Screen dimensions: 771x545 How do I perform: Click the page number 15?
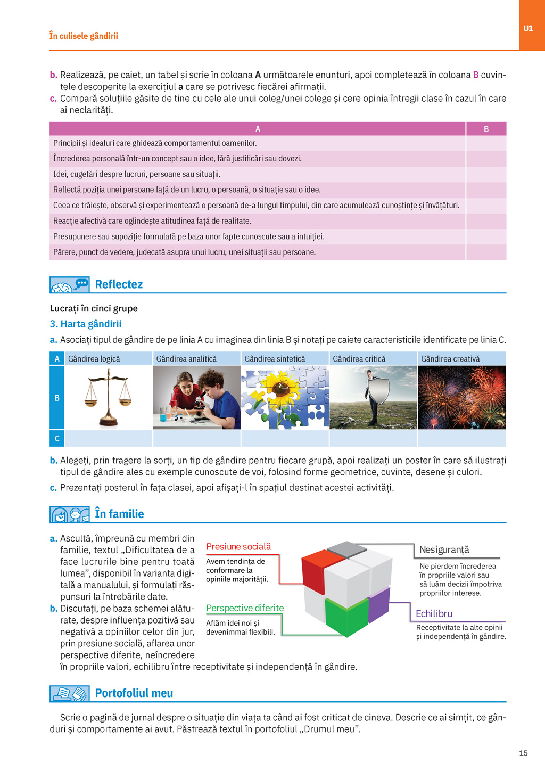point(523,753)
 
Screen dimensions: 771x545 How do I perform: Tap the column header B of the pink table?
point(486,129)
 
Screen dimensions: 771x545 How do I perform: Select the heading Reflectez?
point(119,284)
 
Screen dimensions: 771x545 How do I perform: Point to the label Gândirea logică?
point(94,359)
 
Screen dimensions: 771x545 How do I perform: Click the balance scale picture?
point(109,398)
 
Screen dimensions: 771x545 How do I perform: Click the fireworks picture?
point(461,397)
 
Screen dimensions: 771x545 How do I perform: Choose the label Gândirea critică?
point(359,359)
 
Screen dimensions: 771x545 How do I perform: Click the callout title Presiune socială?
point(238,547)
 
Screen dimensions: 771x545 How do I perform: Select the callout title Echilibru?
point(434,613)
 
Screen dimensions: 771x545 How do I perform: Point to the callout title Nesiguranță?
point(444,549)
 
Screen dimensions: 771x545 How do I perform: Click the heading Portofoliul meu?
point(134,693)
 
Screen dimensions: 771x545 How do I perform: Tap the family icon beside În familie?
point(69,515)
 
